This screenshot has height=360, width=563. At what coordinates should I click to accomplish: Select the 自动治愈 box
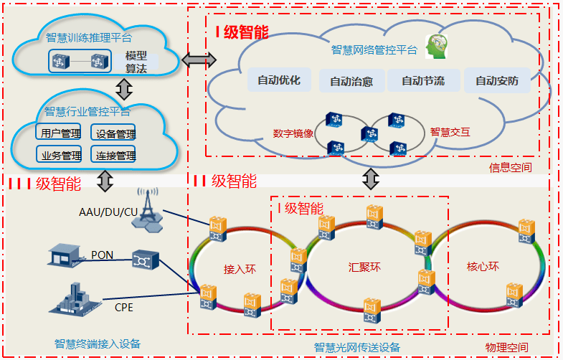351,81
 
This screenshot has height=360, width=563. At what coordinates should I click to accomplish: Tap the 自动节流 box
422,80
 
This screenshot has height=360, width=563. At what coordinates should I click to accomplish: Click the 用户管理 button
60,133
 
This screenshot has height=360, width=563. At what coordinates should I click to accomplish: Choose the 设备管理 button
115,133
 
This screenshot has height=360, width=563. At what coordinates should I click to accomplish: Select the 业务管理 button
60,155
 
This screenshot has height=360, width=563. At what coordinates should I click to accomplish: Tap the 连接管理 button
115,155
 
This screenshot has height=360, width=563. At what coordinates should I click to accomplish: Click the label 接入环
240,270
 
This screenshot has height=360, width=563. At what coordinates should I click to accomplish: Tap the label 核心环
483,267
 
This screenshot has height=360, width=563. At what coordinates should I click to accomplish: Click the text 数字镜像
293,133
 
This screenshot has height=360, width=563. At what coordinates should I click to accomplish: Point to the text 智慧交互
450,132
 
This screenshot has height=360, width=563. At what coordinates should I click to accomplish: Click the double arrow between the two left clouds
125,89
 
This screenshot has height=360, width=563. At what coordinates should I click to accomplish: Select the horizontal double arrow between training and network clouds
199,60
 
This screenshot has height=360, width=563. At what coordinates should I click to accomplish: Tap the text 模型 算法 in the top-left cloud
136,62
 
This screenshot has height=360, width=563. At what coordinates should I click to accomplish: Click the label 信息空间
511,168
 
